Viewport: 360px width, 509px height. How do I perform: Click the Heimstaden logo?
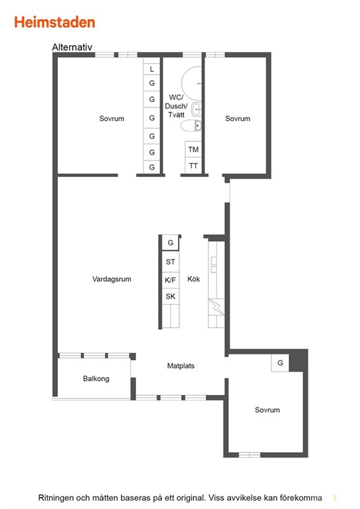point(55,22)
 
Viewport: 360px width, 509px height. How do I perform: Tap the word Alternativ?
point(72,47)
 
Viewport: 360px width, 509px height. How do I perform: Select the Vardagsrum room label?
point(112,279)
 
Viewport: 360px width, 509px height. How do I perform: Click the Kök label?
point(193,279)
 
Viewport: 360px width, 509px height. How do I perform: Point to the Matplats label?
point(181,366)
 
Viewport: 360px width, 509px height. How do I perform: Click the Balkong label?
point(96,379)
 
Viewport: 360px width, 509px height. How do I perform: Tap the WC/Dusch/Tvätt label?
point(176,106)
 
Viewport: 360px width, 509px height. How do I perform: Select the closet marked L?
point(151,69)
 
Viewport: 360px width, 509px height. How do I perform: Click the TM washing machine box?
point(193,150)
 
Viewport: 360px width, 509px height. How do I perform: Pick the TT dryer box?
point(193,166)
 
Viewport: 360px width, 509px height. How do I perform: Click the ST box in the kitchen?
point(170,261)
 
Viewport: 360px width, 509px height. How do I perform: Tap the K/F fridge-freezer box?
point(170,280)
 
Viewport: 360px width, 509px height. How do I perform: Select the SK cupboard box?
point(170,296)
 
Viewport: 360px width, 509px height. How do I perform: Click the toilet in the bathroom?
point(191,125)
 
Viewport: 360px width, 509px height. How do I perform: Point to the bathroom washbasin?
point(197,109)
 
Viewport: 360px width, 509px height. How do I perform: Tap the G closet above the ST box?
point(170,242)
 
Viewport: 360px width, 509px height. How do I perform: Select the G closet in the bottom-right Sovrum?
point(280,363)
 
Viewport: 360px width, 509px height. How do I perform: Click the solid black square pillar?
point(298,360)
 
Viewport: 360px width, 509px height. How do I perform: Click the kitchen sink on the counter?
point(214,265)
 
